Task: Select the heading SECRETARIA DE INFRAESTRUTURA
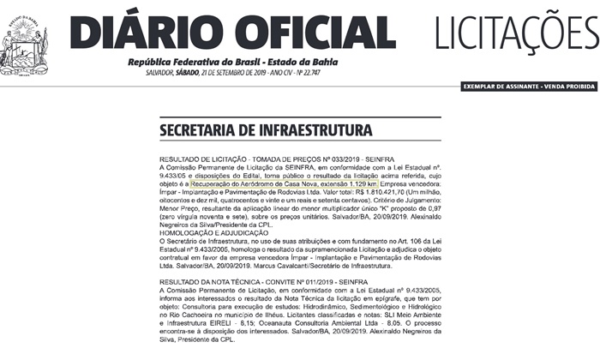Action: point(265,131)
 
